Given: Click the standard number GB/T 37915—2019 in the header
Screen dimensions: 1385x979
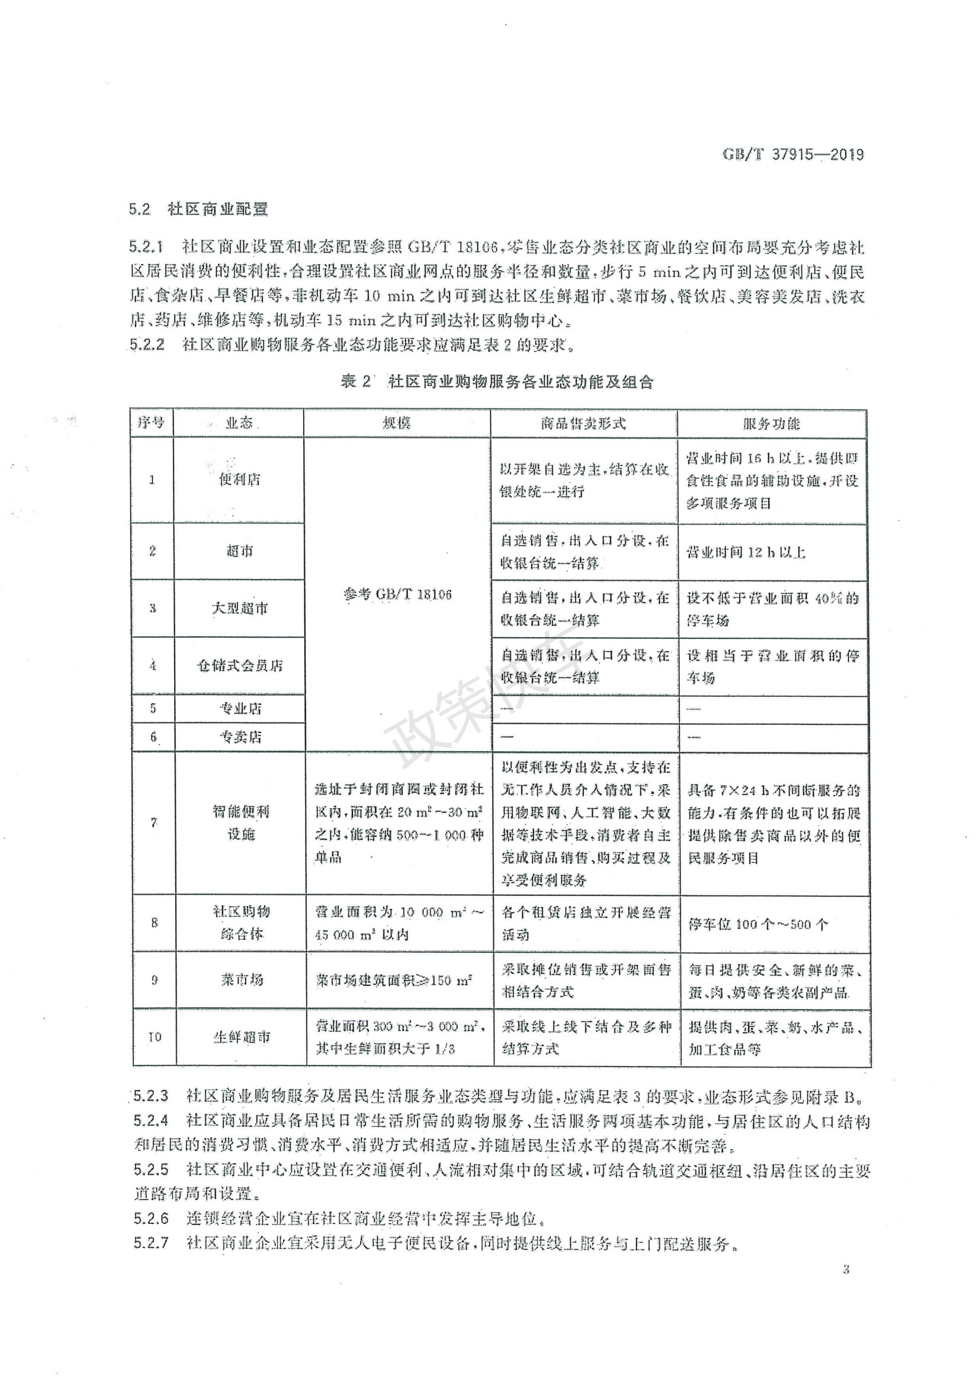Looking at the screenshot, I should [792, 155].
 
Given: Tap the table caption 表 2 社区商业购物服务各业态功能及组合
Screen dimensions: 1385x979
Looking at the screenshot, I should [497, 381].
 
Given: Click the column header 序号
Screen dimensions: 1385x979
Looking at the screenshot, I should [152, 422].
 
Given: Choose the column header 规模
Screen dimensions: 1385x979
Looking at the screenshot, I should [396, 422].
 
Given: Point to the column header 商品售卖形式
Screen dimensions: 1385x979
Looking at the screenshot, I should [583, 423].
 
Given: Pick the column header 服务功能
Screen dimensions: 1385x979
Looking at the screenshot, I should [771, 423].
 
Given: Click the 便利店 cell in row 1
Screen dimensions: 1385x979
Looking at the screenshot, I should [239, 480].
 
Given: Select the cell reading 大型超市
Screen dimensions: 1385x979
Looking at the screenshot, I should [239, 608].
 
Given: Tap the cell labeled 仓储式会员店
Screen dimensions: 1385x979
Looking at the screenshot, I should [239, 666].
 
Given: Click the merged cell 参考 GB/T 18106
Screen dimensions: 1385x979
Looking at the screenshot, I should [397, 594].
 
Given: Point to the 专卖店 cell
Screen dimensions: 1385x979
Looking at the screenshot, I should [240, 737].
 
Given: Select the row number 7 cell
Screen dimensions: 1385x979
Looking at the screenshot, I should [154, 823].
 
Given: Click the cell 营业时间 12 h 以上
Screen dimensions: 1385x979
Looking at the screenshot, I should [746, 552].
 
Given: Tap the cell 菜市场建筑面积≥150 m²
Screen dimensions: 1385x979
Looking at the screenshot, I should [393, 980].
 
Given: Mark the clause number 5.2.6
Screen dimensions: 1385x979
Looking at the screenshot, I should [151, 1218].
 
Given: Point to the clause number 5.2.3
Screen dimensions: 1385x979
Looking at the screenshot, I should [151, 1095].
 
